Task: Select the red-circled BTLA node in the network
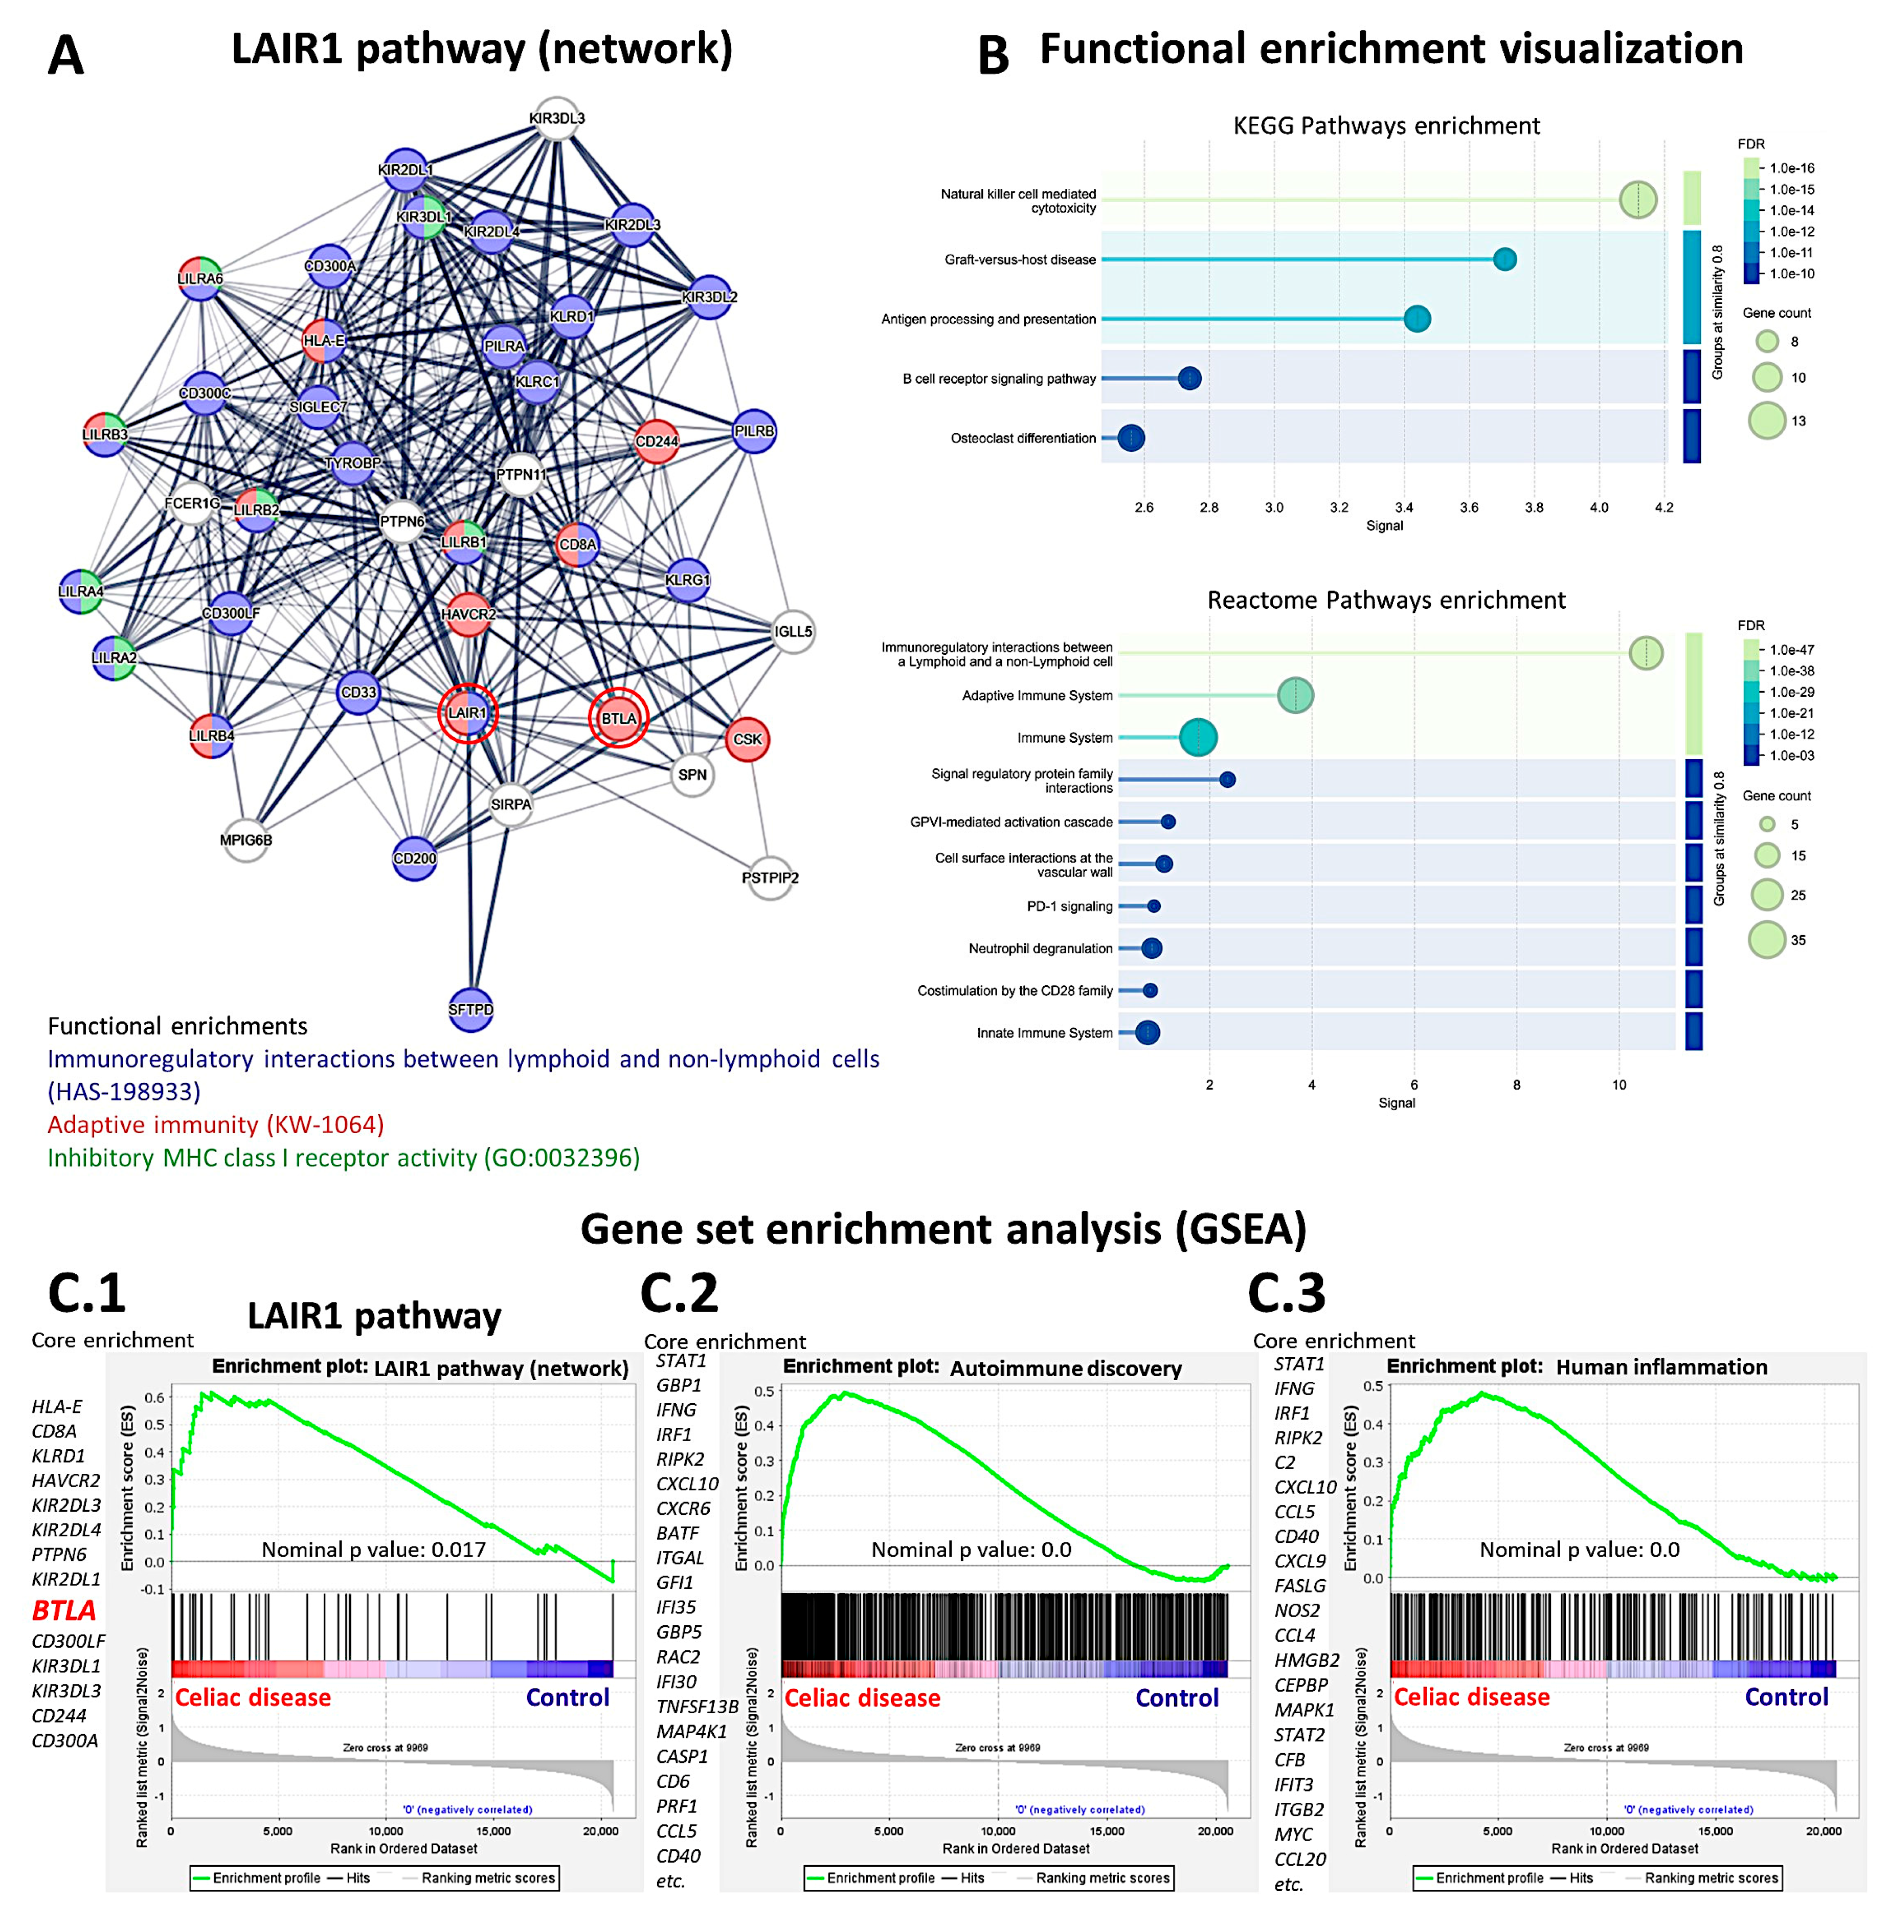tap(618, 718)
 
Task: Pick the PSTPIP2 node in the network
tap(770, 877)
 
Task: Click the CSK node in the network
tap(747, 739)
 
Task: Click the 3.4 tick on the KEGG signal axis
tap(1404, 507)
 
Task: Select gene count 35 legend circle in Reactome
tap(1767, 940)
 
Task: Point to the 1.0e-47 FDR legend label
tap(1792, 650)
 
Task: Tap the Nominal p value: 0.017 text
tap(373, 1550)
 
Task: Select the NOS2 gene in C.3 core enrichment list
tap(1297, 1610)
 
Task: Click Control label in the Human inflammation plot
tap(1786, 1697)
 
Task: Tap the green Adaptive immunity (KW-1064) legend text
tap(215, 1124)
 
